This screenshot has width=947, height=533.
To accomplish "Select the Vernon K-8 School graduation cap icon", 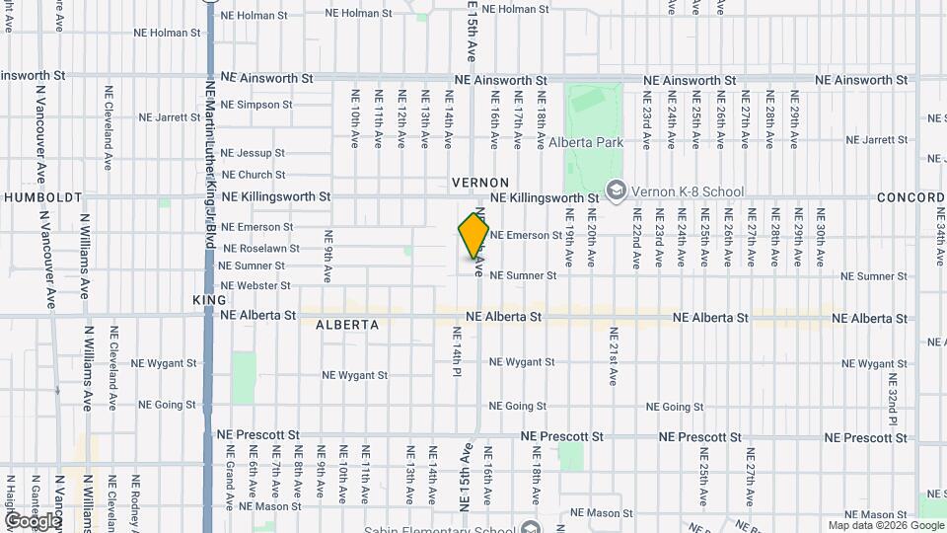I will point(617,189).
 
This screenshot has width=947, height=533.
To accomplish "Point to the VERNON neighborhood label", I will point(480,183).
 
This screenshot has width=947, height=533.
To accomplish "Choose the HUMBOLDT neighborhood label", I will point(42,197).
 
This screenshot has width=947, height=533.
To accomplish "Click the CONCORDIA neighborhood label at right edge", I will point(912,197).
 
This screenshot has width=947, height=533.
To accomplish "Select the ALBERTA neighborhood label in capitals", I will point(347,325).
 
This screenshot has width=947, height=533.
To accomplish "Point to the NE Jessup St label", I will point(253,153).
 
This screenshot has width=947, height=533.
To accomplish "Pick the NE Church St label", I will point(254,175).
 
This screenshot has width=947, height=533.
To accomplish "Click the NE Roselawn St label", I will point(257,248).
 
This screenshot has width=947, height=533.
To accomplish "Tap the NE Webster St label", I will point(255,285).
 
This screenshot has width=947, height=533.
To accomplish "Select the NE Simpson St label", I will point(256,105).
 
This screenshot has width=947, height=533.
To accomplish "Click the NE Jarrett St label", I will point(169,116).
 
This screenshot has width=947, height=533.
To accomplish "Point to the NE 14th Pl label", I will point(457,351).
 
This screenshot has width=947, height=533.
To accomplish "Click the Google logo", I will point(32,521).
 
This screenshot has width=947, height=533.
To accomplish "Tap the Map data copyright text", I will point(885,525).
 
